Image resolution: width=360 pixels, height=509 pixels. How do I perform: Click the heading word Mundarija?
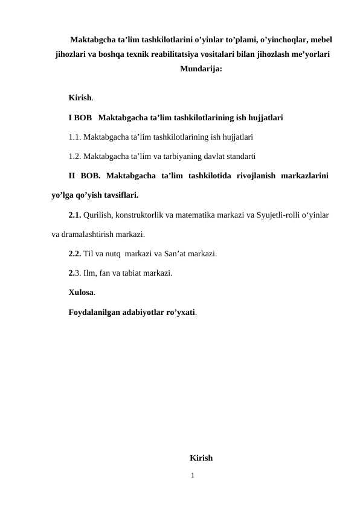(x=201, y=69)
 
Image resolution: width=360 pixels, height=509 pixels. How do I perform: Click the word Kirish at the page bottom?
(x=201, y=458)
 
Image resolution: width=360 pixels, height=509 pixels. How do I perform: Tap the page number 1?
(x=192, y=476)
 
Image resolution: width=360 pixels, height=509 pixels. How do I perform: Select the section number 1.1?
(x=75, y=136)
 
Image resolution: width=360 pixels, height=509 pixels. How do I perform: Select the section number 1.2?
(x=75, y=156)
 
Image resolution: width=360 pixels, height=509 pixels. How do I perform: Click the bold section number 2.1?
(x=75, y=215)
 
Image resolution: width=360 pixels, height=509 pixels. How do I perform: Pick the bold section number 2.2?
(x=75, y=253)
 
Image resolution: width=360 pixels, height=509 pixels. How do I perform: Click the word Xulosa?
(x=81, y=293)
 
